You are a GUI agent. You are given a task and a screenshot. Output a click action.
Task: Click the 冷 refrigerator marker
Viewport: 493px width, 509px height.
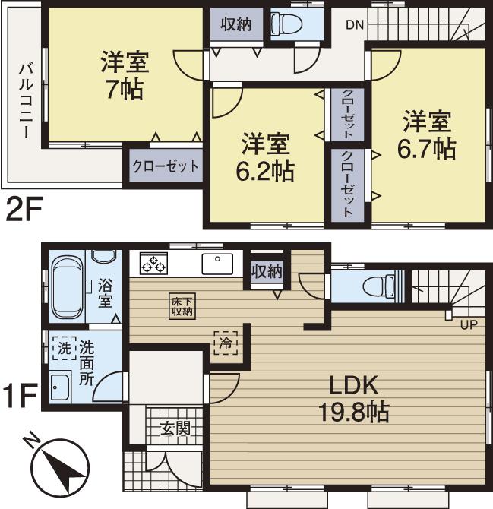(226, 343)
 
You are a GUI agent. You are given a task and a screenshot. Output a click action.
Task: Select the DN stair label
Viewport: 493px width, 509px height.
(355, 25)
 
